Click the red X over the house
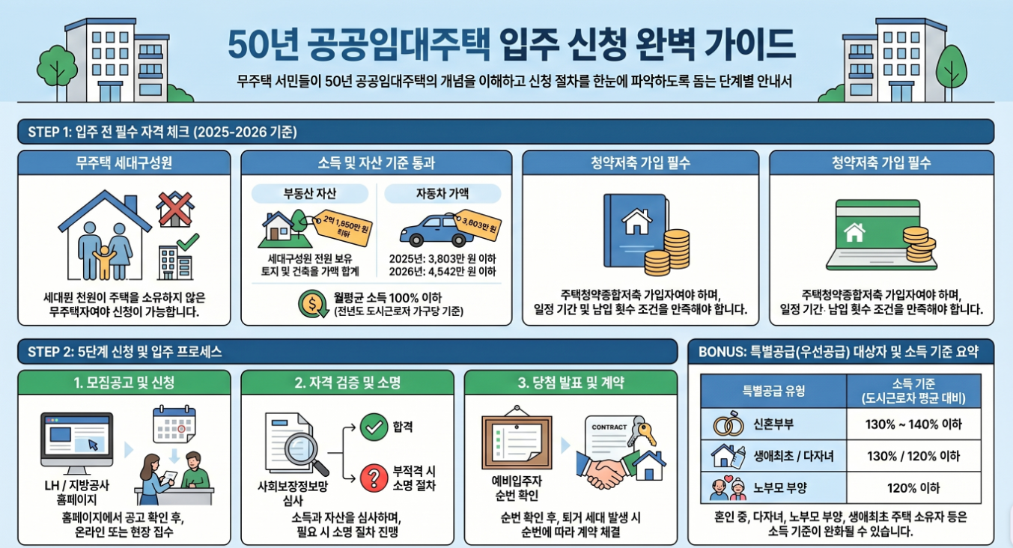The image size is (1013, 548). pos(175,209)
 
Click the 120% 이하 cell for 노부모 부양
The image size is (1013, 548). pos(913,488)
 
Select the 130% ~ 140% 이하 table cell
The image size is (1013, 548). pos(913,424)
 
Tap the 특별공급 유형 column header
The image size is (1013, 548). pos(774,390)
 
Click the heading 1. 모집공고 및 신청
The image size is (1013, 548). pos(124,383)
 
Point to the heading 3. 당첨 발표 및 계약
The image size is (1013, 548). pos(571,383)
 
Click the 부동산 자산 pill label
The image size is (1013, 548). pos(310,194)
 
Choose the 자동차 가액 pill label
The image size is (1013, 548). pos(442,194)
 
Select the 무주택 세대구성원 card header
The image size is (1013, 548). pos(124,162)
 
